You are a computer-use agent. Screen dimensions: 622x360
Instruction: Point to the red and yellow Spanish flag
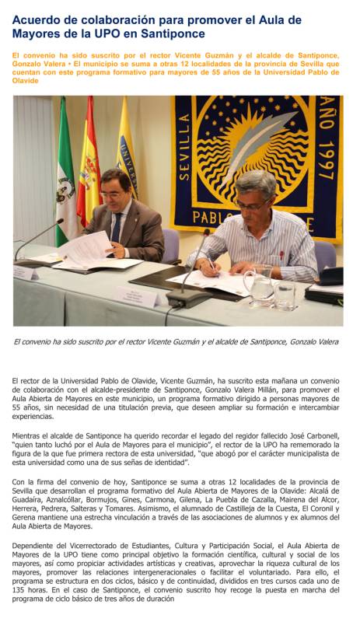88,171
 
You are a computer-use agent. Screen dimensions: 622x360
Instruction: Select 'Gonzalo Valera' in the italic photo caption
311,341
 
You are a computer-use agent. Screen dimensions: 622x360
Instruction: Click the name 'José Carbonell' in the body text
311,435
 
